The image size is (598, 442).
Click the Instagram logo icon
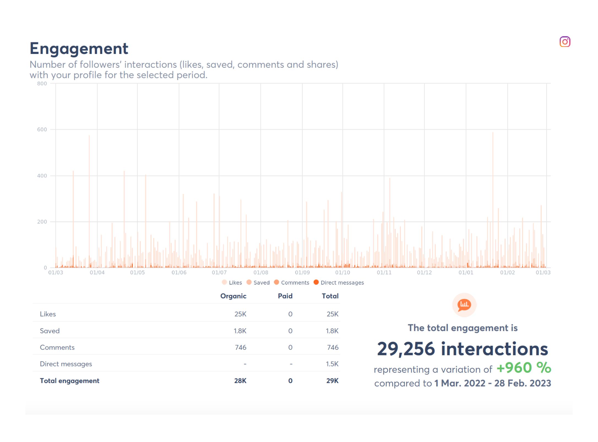pos(565,42)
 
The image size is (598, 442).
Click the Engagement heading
pos(79,49)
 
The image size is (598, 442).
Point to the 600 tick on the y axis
pos(42,130)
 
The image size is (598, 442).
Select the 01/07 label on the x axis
pos(219,272)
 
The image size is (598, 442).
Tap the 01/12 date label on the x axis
pos(424,272)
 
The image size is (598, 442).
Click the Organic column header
pos(233,296)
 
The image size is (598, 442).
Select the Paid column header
pos(285,296)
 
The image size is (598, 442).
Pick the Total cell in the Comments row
pos(333,347)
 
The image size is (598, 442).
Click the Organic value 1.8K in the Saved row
pos(240,331)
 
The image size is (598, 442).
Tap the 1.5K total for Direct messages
pos(332,364)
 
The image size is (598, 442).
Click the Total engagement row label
pos(69,381)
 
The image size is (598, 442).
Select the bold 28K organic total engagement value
pos(240,381)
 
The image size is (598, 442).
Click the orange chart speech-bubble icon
pos(464,305)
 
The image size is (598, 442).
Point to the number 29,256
pos(406,349)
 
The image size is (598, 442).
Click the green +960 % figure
pos(524,368)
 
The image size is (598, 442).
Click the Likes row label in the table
pos(48,314)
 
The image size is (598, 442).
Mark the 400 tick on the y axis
pos(42,176)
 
